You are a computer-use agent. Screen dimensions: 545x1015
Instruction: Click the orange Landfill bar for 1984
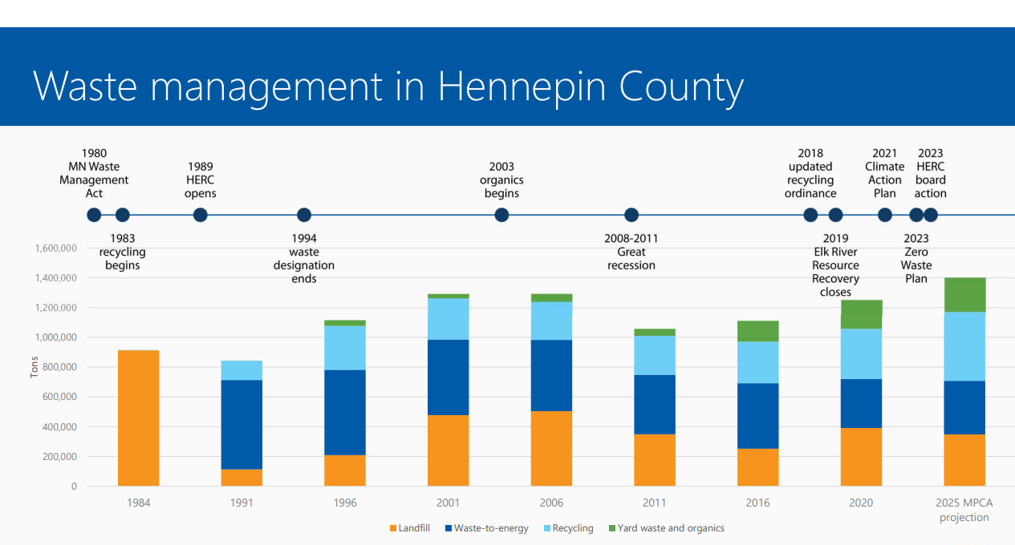(x=138, y=418)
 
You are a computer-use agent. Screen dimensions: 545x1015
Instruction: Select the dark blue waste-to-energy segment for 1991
(x=242, y=424)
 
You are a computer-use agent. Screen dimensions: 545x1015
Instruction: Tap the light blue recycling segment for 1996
(x=345, y=348)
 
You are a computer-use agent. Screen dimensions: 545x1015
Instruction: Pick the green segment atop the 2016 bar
(x=757, y=331)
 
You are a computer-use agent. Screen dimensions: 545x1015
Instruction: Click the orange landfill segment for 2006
(x=551, y=448)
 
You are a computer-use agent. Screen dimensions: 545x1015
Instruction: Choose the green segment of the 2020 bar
(x=861, y=314)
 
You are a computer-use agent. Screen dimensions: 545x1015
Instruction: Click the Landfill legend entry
(x=411, y=528)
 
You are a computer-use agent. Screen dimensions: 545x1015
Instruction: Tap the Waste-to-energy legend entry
(x=485, y=528)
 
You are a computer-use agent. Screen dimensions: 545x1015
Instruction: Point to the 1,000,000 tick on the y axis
(x=55, y=337)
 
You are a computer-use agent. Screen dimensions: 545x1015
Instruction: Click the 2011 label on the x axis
(x=654, y=503)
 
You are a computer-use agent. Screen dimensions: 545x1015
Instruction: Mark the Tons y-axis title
(x=35, y=367)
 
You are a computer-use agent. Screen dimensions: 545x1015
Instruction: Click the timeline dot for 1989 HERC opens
(x=201, y=215)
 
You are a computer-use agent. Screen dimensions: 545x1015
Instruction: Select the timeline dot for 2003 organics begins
(x=501, y=215)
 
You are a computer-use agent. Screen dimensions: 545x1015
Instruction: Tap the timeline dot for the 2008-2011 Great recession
(x=631, y=215)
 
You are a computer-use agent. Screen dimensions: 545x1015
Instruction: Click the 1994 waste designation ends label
(x=304, y=258)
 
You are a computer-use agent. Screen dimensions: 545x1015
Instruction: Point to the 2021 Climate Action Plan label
(x=884, y=173)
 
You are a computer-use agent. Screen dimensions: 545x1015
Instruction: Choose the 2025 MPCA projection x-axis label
(x=964, y=510)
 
